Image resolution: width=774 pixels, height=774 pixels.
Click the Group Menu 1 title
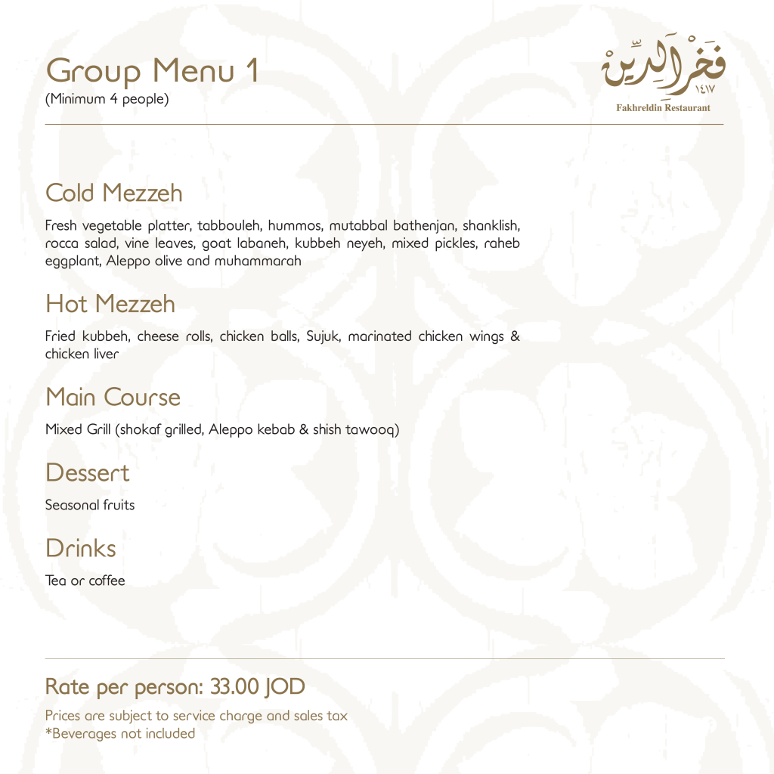[152, 71]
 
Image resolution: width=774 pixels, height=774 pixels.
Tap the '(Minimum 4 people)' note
[107, 99]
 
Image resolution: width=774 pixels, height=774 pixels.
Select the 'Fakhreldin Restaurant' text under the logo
[663, 108]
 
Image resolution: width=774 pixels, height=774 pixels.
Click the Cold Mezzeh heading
[113, 193]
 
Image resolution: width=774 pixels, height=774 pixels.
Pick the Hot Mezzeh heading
[110, 304]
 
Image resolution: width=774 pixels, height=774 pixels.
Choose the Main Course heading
[113, 397]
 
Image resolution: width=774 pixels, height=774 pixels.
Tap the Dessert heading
[87, 472]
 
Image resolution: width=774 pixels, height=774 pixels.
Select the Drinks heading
[81, 548]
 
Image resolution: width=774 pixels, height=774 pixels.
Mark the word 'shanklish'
[491, 226]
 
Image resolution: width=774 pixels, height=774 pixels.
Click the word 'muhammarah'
[258, 262]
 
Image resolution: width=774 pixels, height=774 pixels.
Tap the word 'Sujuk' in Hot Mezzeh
[323, 336]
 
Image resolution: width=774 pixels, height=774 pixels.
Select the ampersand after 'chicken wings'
[515, 336]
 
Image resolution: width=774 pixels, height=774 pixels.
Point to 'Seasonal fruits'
[89, 505]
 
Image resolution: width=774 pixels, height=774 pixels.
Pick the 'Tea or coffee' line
[85, 581]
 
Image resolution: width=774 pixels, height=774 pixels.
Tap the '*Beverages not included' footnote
[119, 733]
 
